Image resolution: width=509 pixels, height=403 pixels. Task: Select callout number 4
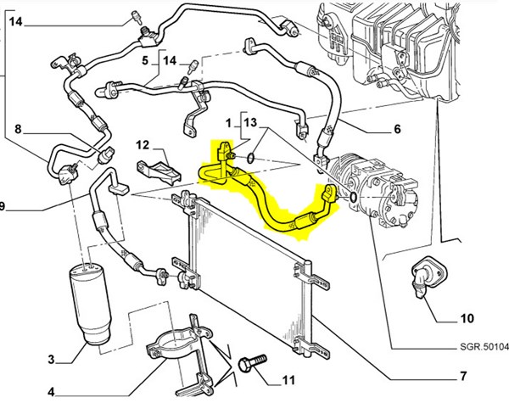(x=51, y=391)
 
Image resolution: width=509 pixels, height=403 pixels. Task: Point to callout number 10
(x=467, y=320)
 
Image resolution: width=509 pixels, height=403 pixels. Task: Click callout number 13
(x=249, y=122)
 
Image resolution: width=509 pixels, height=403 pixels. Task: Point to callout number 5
(x=145, y=60)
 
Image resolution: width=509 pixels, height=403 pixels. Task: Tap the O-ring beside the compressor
(x=350, y=198)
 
